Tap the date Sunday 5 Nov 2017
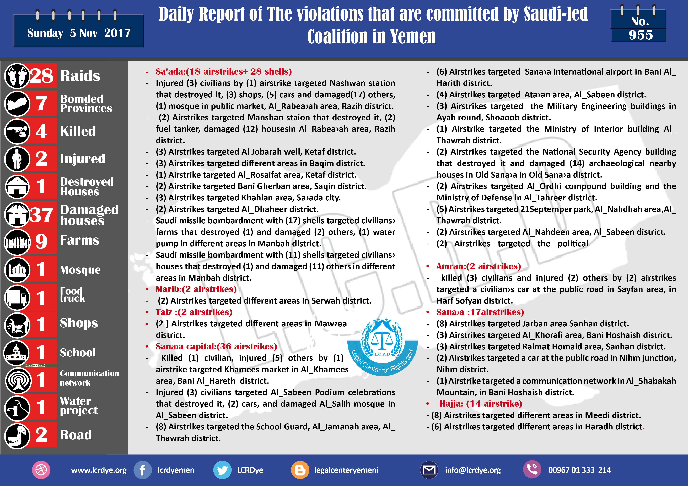[x=79, y=33]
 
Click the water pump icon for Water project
[x=17, y=408]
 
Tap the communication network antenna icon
[x=18, y=380]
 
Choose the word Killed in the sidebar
[x=78, y=131]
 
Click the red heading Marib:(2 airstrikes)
[x=196, y=289]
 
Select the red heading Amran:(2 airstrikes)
[x=479, y=266]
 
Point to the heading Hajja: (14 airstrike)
[x=481, y=404]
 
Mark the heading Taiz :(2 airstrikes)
[x=194, y=312]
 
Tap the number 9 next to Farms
[x=41, y=241]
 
